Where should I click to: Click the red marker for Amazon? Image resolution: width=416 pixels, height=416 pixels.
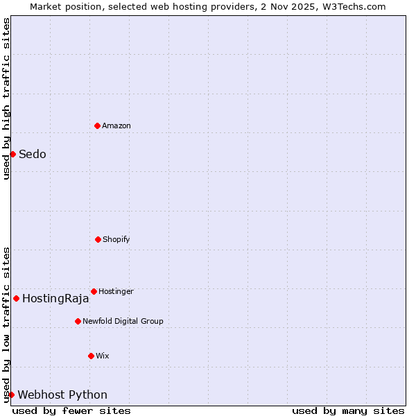[98, 125]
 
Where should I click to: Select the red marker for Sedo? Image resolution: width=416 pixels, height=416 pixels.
[12, 154]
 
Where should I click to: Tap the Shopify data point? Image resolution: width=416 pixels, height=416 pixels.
[98, 239]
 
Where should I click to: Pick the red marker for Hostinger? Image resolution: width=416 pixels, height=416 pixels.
[94, 291]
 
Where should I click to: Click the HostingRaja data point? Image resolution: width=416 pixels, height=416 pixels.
[16, 298]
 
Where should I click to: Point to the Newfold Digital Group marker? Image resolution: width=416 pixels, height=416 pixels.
[78, 321]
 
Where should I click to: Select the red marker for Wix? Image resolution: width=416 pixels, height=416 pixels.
[91, 356]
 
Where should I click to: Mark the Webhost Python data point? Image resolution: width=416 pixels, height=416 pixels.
[11, 395]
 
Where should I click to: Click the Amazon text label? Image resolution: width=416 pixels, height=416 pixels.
[116, 125]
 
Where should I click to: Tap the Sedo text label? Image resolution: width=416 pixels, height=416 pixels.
[33, 154]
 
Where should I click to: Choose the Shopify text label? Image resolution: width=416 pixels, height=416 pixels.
[116, 239]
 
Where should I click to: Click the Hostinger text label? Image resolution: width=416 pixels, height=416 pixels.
[116, 291]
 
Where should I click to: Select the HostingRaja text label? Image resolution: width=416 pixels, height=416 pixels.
[55, 299]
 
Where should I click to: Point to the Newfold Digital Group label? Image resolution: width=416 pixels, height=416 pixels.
[123, 321]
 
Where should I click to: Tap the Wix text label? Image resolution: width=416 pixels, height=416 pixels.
[103, 356]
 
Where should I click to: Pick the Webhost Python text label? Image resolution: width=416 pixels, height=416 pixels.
[62, 395]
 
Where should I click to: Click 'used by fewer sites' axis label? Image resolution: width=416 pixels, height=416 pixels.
[71, 410]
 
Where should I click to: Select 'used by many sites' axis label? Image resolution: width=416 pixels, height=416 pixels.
[348, 410]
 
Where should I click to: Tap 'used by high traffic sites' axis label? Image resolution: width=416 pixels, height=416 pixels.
[6, 98]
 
